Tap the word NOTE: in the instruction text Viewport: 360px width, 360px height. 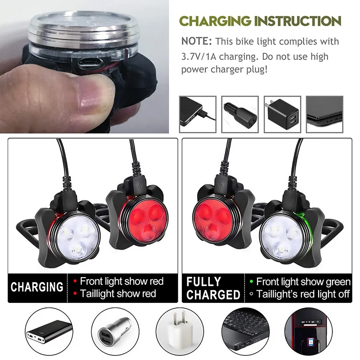point(197,41)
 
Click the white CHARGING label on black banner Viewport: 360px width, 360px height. point(37,288)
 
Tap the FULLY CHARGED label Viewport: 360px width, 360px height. point(213,288)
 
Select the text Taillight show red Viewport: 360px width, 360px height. point(118,294)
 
